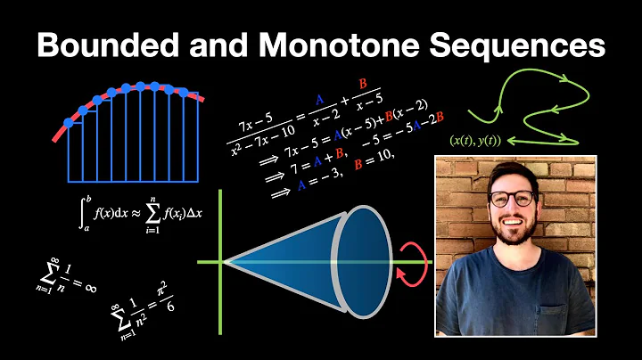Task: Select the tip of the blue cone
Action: point(225,262)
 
